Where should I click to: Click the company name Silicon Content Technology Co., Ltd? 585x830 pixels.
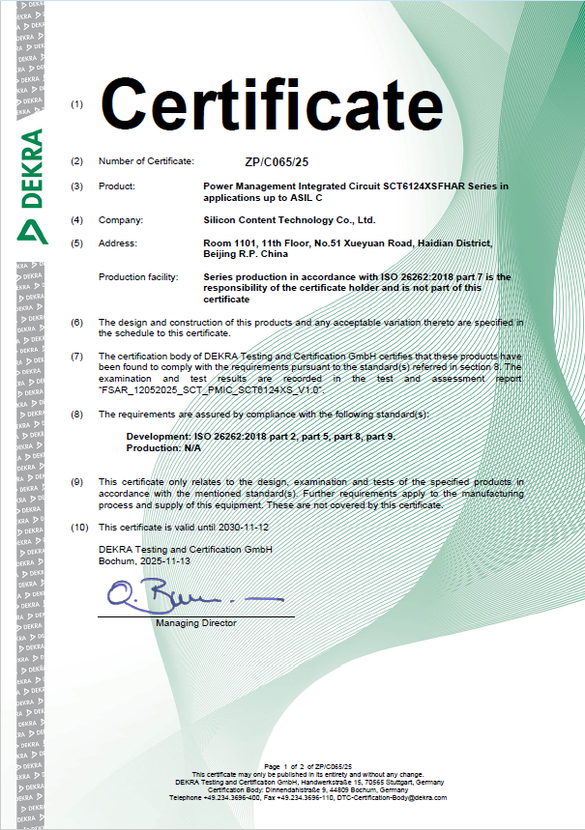(282, 220)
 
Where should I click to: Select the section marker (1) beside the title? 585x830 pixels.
(77, 104)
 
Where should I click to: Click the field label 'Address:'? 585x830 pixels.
(119, 243)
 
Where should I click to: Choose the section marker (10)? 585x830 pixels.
(79, 528)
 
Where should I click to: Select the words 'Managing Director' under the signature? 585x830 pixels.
(196, 623)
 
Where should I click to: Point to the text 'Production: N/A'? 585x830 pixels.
(163, 448)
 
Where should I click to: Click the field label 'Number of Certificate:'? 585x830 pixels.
(146, 160)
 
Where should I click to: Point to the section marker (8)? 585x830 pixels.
(77, 414)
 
